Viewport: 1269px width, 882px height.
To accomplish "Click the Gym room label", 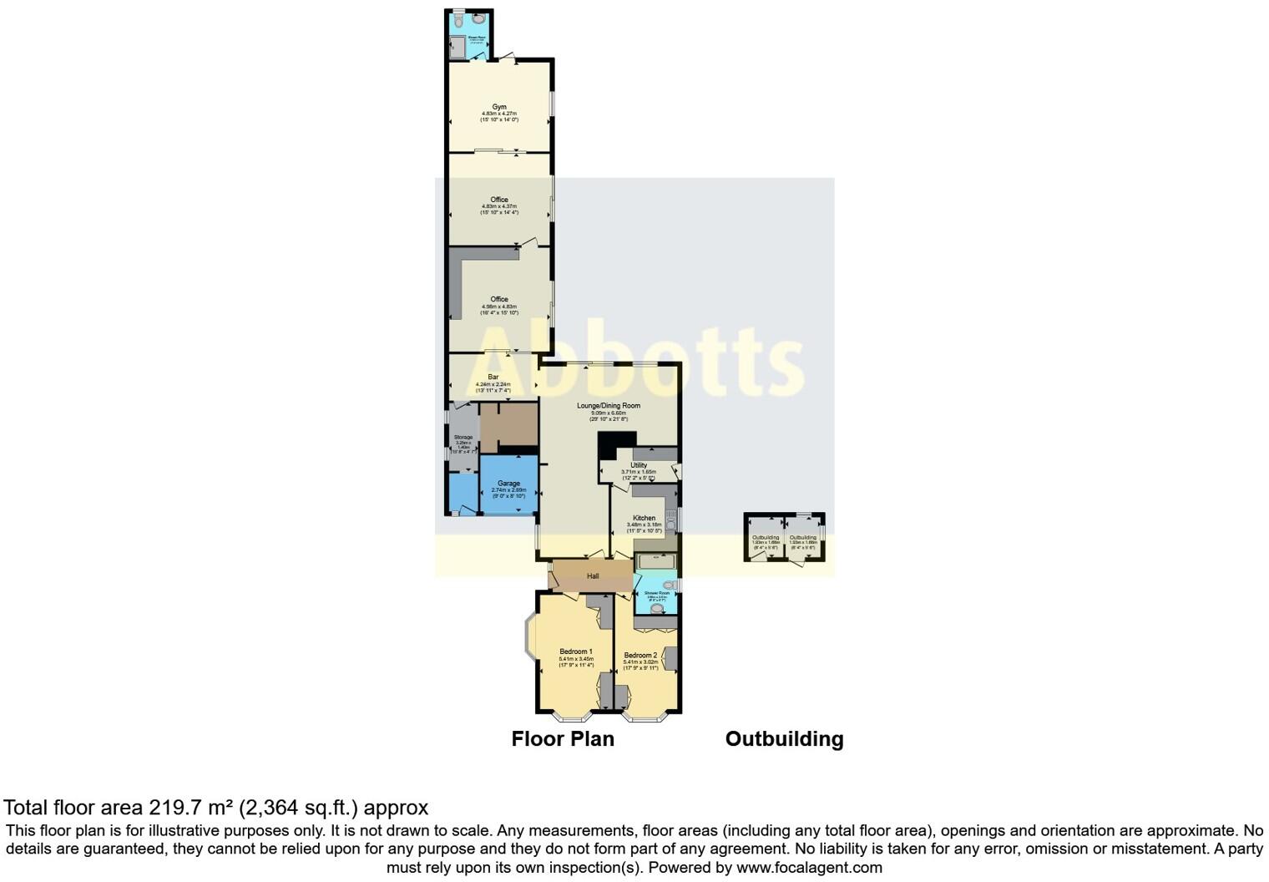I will click(x=499, y=107).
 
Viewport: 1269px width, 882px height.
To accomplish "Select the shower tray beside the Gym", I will click(x=456, y=49).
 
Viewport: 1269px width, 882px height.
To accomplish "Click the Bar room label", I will click(x=493, y=378).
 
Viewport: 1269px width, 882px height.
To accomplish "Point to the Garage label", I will click(x=508, y=484).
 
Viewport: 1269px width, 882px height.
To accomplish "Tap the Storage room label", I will click(x=463, y=438).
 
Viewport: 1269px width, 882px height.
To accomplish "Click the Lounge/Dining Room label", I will click(x=609, y=406).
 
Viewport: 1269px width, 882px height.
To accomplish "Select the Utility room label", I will click(x=639, y=465).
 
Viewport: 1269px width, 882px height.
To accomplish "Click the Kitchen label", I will click(x=644, y=519).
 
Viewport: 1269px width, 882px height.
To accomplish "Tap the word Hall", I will click(x=593, y=576).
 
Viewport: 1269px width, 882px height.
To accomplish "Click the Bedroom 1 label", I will click(x=576, y=651).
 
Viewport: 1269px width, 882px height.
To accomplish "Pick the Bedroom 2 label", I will click(x=640, y=656).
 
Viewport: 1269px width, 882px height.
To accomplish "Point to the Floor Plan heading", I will click(x=563, y=739).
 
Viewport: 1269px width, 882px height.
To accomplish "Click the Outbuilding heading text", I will click(x=784, y=739).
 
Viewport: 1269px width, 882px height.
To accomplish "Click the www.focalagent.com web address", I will click(x=809, y=867).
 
